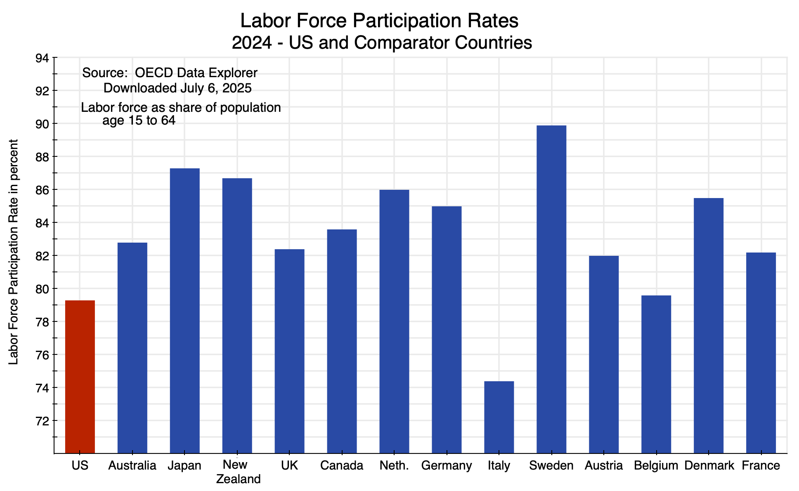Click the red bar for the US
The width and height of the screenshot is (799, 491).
pyautogui.click(x=80, y=376)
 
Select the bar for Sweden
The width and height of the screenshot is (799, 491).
pyautogui.click(x=551, y=289)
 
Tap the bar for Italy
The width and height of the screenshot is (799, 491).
pyautogui.click(x=499, y=417)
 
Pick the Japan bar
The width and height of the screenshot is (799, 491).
pyautogui.click(x=185, y=310)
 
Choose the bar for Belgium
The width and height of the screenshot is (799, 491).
pyautogui.click(x=656, y=374)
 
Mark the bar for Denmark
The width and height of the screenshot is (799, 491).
pyautogui.click(x=709, y=325)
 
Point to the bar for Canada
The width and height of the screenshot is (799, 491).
pyautogui.click(x=342, y=341)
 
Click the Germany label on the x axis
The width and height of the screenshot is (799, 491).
pyautogui.click(x=447, y=466)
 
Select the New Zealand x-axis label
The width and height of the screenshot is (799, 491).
pyautogui.click(x=238, y=472)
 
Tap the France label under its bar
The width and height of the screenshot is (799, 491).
pyautogui.click(x=761, y=466)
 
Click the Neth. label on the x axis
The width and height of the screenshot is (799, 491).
pyautogui.click(x=394, y=466)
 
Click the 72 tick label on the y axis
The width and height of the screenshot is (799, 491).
pyautogui.click(x=42, y=421)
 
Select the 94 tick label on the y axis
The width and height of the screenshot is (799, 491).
pyautogui.click(x=42, y=58)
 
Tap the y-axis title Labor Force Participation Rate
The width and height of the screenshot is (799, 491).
pyautogui.click(x=14, y=252)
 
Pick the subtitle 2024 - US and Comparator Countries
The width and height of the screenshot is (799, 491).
pyautogui.click(x=382, y=43)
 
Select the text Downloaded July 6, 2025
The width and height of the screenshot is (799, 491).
pyautogui.click(x=177, y=88)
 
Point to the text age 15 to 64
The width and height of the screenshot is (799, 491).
pyautogui.click(x=139, y=121)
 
